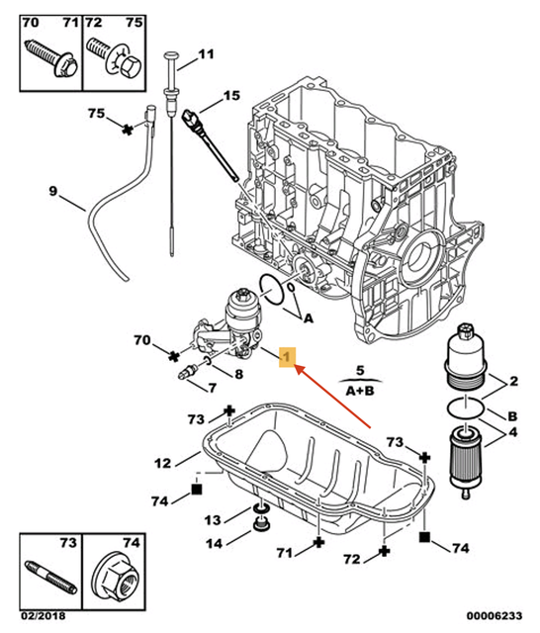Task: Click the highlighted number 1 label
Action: [x=286, y=356]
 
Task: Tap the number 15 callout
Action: [x=230, y=96]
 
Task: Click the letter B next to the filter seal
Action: [x=512, y=415]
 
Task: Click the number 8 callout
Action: [x=238, y=373]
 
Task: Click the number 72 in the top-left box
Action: [x=91, y=20]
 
